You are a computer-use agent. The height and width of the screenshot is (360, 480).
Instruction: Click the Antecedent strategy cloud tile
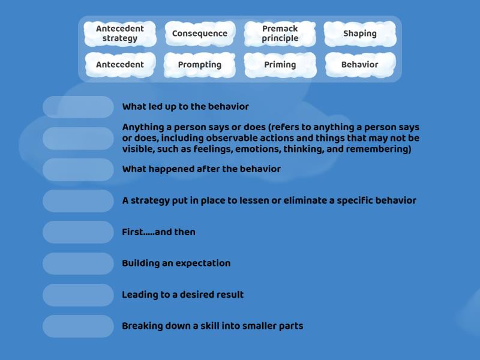pos(120,34)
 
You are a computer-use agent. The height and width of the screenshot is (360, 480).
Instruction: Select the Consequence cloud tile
pos(200,34)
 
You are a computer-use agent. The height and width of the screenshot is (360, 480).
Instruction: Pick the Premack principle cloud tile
pos(280,34)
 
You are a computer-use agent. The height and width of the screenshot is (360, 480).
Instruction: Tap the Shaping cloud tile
pos(360,34)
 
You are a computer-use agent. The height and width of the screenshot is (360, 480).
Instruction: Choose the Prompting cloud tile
pos(200,65)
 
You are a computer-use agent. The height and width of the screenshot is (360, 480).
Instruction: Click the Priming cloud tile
pos(280,65)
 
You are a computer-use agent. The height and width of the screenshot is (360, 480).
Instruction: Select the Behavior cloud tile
pos(360,65)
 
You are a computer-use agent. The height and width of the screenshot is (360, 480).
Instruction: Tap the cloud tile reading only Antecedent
pos(120,65)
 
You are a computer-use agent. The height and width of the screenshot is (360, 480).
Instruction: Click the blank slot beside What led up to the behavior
pos(78,107)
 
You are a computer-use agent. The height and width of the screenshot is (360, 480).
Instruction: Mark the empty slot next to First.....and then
pos(78,232)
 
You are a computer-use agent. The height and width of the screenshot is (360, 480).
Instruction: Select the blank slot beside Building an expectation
pos(78,263)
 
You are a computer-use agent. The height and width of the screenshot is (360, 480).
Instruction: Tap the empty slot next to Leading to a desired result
pos(78,295)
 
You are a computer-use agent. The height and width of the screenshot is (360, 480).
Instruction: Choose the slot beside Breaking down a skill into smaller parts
pos(78,326)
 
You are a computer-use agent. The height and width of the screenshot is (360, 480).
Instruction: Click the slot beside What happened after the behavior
pos(78,169)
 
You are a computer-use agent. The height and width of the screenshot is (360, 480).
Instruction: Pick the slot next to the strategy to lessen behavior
pos(78,201)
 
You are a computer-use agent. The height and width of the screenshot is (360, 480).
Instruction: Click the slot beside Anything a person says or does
pos(78,139)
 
